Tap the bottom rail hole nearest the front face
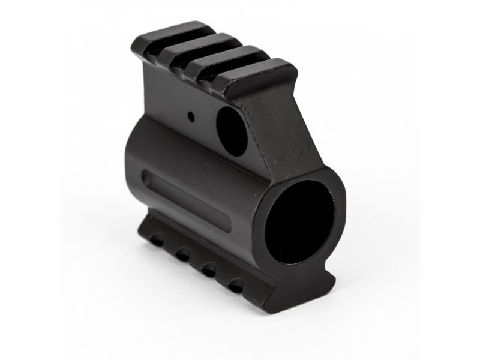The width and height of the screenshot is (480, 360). point(236,284)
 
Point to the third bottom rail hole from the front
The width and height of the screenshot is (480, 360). point(182,254)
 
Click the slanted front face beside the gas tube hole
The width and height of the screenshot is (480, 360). point(273,132)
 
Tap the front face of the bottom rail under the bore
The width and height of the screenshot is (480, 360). point(300,288)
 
